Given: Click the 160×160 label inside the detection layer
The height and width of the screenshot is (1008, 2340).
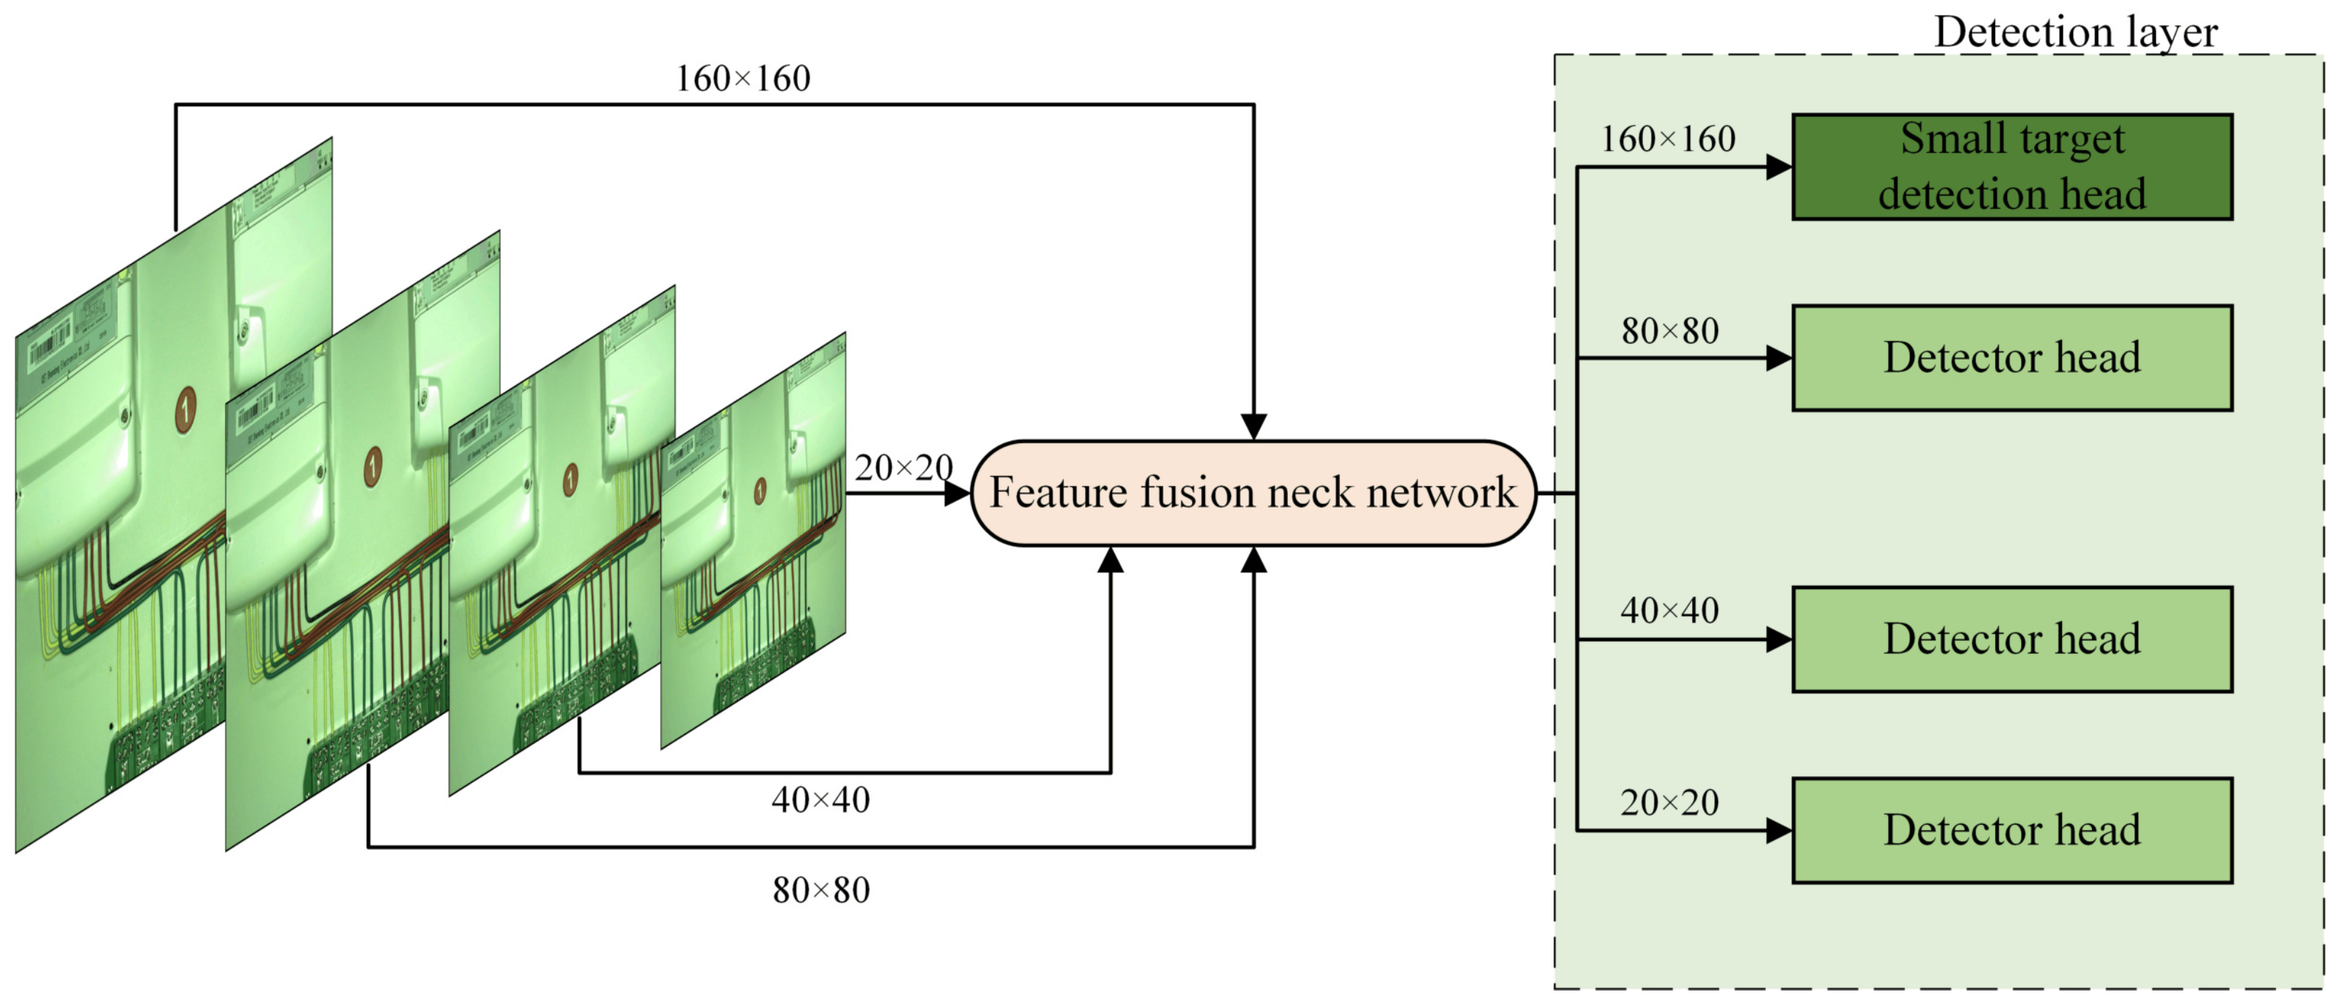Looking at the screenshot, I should pos(1668,139).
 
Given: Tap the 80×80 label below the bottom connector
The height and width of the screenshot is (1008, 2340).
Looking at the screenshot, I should pos(820,890).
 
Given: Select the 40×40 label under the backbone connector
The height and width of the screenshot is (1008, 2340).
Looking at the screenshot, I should pos(820,800).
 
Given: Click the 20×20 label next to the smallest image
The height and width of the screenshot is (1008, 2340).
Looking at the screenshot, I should pos(903,468).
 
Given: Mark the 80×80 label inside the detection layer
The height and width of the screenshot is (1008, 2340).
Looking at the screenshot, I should pos(1670,331).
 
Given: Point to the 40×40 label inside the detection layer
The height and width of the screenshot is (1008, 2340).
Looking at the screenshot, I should pos(1670,611).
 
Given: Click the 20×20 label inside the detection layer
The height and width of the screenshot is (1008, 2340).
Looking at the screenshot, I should pos(1670,803).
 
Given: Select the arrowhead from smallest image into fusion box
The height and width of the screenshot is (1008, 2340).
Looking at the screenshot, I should pos(957,494).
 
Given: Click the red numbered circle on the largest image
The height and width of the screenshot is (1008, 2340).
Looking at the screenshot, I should pos(185,407).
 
